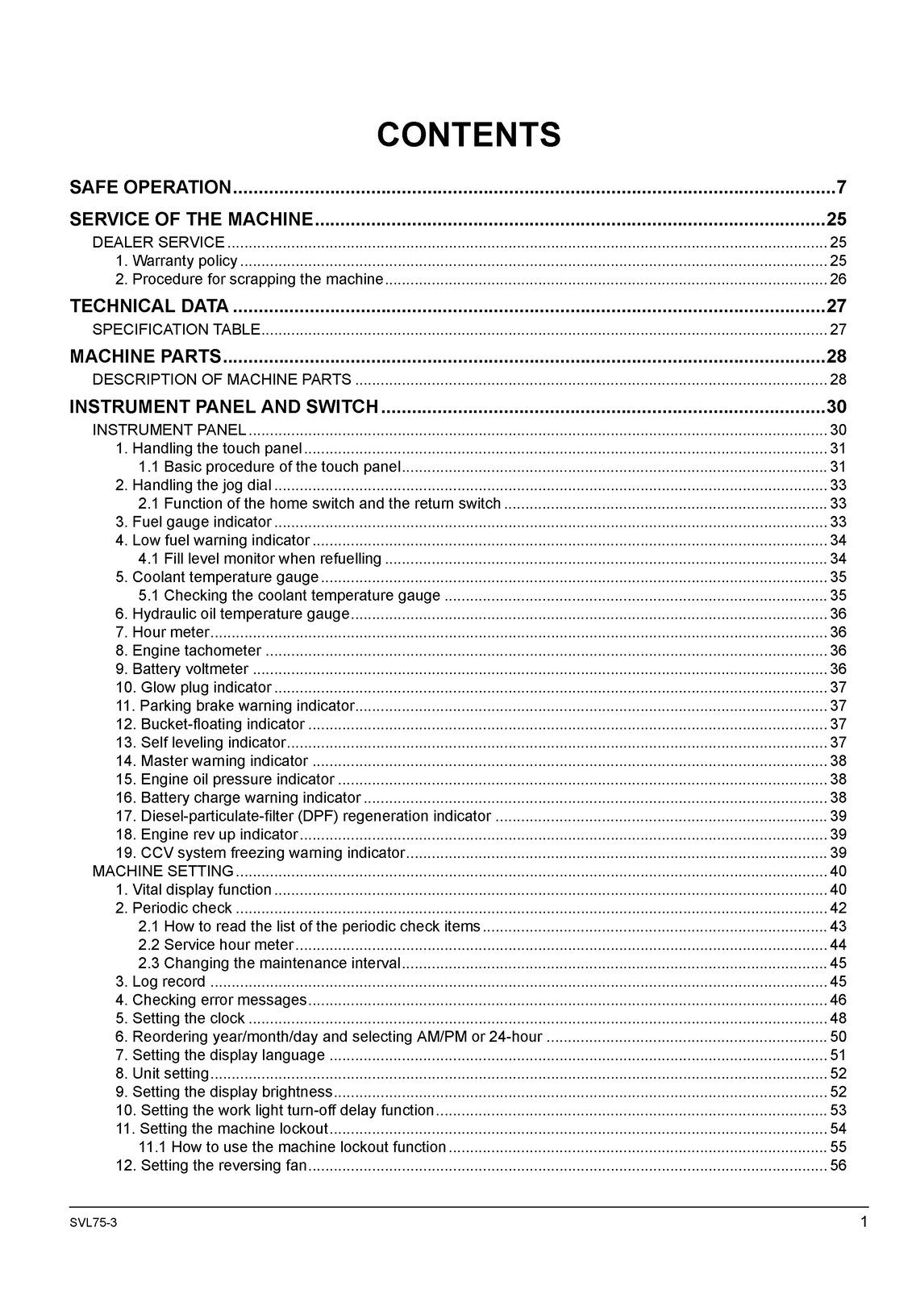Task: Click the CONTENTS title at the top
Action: pos(468,135)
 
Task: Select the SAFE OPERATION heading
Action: pos(150,188)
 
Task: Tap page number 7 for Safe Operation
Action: pos(840,188)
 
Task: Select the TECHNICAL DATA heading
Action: pos(149,306)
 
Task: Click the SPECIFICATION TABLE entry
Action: pos(176,329)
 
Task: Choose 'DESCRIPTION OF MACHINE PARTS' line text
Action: pos(222,379)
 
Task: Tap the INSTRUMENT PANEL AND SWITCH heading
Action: pos(223,406)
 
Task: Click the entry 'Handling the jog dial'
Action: pos(201,485)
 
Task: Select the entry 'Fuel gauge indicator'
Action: pos(201,522)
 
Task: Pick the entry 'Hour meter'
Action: pos(170,632)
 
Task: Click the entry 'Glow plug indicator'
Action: pos(205,687)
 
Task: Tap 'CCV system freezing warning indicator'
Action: pos(272,852)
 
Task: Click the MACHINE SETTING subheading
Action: pos(163,871)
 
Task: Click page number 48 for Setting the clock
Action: pos(837,1018)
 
